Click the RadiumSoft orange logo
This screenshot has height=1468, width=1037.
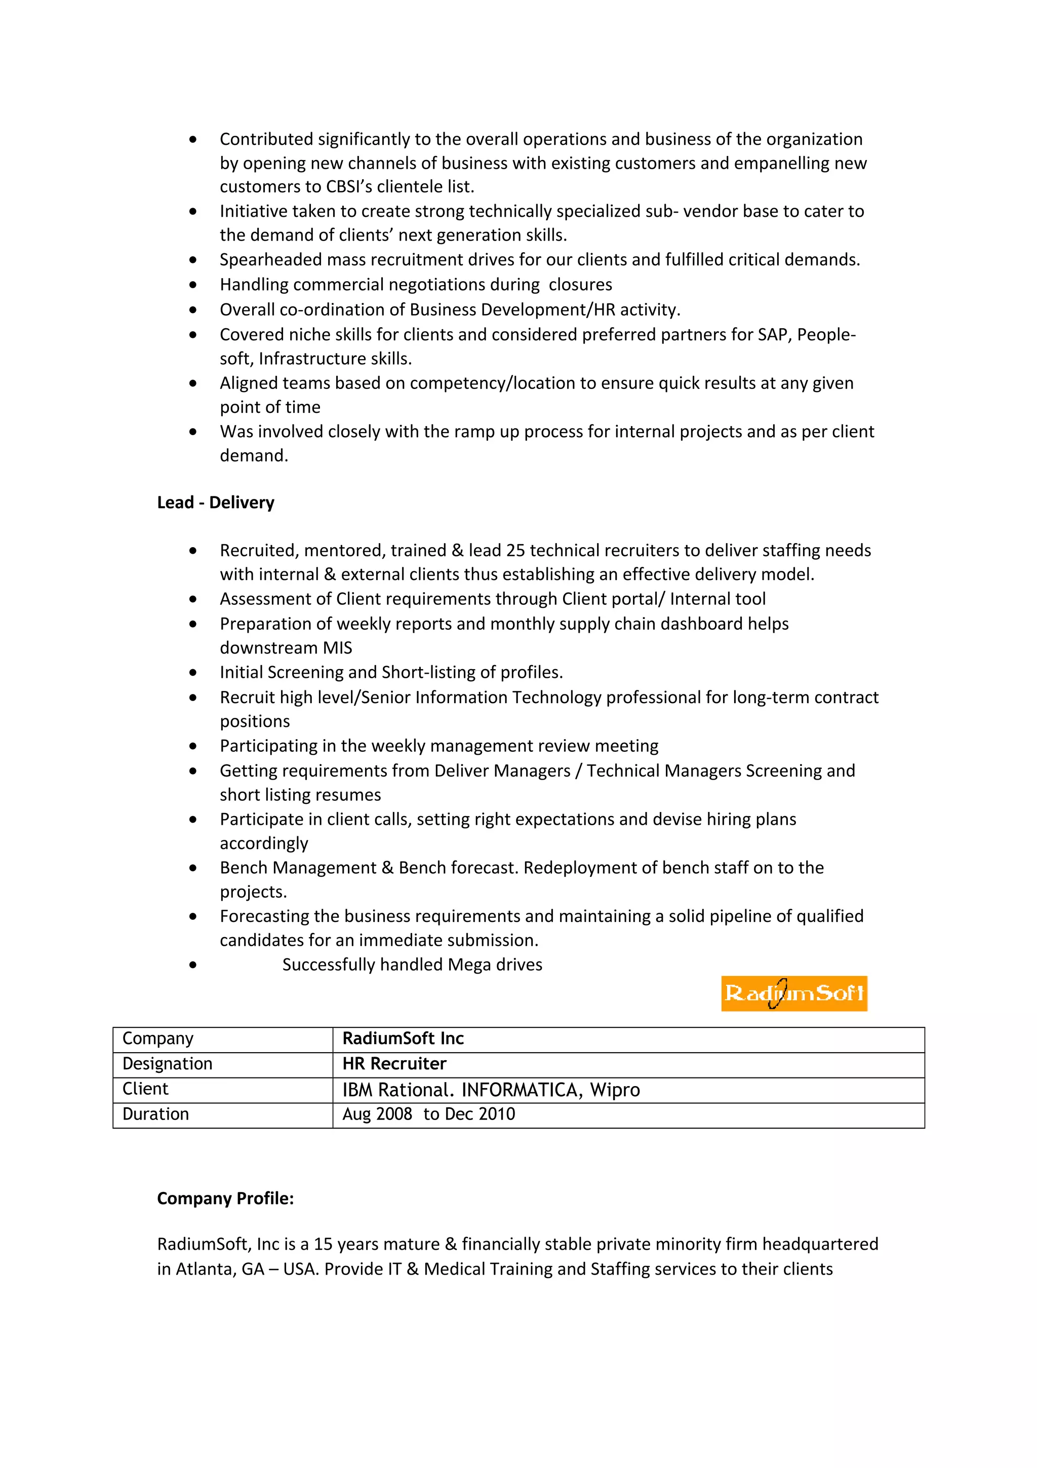pyautogui.click(x=793, y=993)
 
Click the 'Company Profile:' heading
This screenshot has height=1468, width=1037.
pyautogui.click(x=225, y=1198)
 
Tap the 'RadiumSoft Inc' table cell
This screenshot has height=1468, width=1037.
pyautogui.click(x=403, y=1038)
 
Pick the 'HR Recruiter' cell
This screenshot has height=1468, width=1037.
pyautogui.click(x=394, y=1064)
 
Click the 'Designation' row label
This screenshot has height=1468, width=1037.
pyautogui.click(x=168, y=1064)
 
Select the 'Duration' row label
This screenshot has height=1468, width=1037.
pyautogui.click(x=155, y=1114)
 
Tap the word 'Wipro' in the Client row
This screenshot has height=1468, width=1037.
pyautogui.click(x=615, y=1090)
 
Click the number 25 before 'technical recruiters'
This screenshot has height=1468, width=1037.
pyautogui.click(x=515, y=551)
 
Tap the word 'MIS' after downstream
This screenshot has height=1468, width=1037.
pyautogui.click(x=337, y=648)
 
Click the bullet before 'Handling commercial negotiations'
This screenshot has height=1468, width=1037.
pyautogui.click(x=193, y=285)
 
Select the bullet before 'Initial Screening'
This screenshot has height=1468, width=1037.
pyautogui.click(x=193, y=673)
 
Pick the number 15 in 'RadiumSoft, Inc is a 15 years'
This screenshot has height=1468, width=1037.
pyautogui.click(x=324, y=1244)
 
